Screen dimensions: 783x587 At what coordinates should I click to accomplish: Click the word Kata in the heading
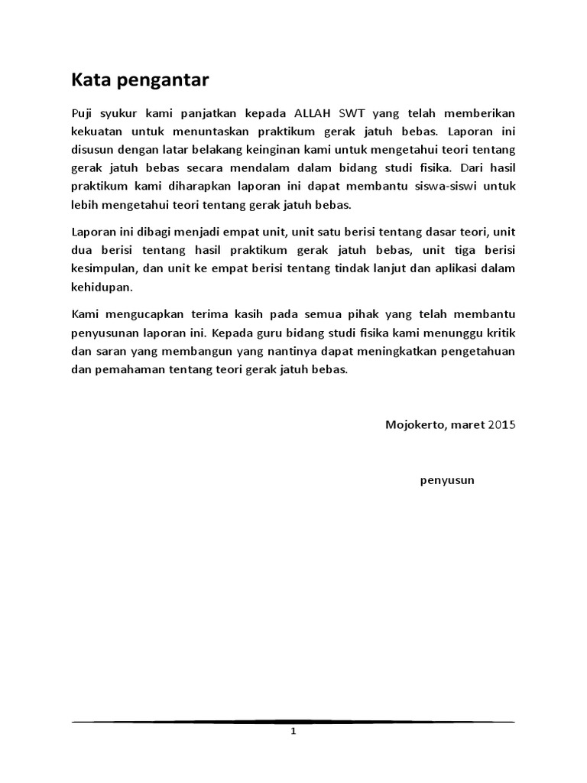(89, 80)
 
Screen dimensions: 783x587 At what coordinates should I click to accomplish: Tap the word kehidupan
(101, 288)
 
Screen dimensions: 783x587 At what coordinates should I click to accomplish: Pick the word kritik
(500, 333)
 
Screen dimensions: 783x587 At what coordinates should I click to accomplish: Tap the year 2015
(502, 425)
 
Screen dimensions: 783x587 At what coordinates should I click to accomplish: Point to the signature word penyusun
(447, 480)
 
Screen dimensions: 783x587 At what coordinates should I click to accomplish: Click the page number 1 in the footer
(293, 732)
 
